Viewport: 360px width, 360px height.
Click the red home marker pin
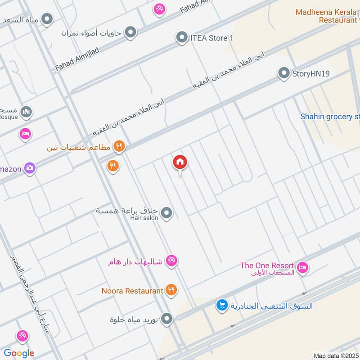pyautogui.click(x=180, y=162)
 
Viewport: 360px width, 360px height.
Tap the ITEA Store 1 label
pyautogui.click(x=211, y=38)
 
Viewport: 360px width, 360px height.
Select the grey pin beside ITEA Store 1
pyautogui.click(x=182, y=37)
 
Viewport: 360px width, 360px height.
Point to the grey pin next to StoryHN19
pyautogui.click(x=283, y=73)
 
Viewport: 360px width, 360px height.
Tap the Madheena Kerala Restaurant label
pyautogui.click(x=326, y=16)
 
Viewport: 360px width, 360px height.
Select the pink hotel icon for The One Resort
pyautogui.click(x=303, y=267)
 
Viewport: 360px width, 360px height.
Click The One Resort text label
pyautogui.click(x=267, y=266)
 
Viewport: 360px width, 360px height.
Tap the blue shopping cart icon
pyautogui.click(x=222, y=306)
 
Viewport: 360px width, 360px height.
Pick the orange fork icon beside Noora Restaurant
pyautogui.click(x=171, y=290)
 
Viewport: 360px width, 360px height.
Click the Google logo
pyautogui.click(x=19, y=353)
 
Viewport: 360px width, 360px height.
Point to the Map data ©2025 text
pyautogui.click(x=336, y=356)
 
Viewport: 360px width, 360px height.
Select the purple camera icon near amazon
pyautogui.click(x=30, y=168)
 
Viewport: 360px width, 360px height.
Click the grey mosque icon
pyautogui.click(x=26, y=112)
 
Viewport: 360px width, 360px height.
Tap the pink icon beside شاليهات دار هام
pyautogui.click(x=171, y=261)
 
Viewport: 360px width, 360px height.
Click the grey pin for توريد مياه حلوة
pyautogui.click(x=167, y=319)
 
